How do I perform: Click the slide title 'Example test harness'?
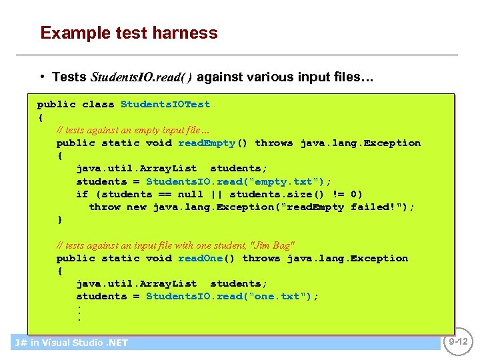point(129,33)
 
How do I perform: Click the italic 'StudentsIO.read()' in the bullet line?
point(141,77)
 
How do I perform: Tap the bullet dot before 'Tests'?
point(43,77)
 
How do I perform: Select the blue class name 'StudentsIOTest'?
point(165,104)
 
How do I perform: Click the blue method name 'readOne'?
point(200,258)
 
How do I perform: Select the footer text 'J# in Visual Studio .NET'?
point(71,343)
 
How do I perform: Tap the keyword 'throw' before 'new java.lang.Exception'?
point(105,207)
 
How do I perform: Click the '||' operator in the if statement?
point(216,194)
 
